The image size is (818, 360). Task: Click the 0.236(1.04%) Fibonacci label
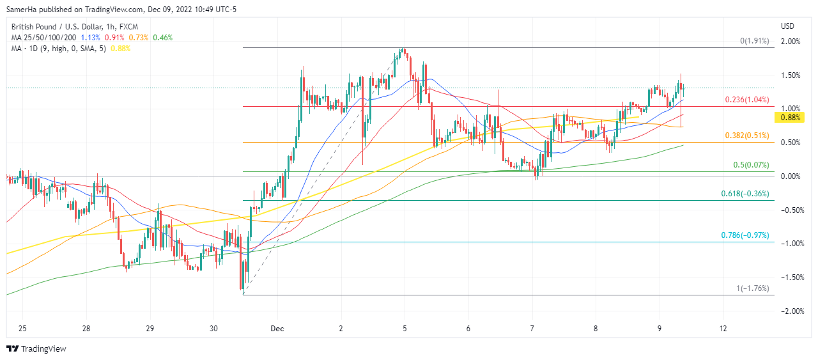pos(746,100)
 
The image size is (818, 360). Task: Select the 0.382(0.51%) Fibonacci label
pos(746,136)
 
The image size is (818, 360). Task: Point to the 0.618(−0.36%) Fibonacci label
pos(745,194)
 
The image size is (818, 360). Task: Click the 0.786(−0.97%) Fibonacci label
pos(745,235)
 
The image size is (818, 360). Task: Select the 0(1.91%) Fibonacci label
pos(755,41)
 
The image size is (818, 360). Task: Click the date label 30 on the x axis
pos(213,329)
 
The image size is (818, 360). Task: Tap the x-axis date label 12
pos(723,329)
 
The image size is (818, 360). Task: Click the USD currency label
pos(787,26)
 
